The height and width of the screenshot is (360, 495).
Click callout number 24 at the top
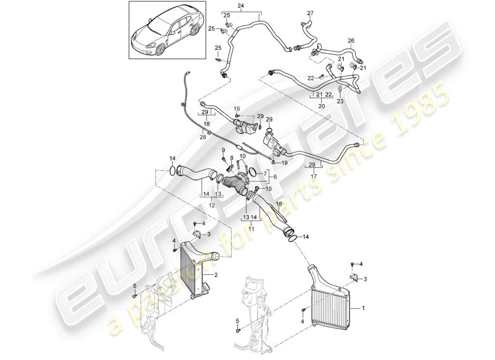point(240,6)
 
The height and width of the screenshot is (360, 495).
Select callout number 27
point(310,13)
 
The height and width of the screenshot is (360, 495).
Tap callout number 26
point(351,40)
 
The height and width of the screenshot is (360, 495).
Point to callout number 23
point(340,102)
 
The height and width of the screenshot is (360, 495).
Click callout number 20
point(321,106)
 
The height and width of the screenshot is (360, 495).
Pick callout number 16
point(279,203)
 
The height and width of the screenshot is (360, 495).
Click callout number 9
point(223,150)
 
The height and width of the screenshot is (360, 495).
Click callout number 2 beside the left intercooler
point(216,274)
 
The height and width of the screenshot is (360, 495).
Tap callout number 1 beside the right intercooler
point(364,309)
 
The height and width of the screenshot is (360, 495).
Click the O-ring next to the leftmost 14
point(172,171)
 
